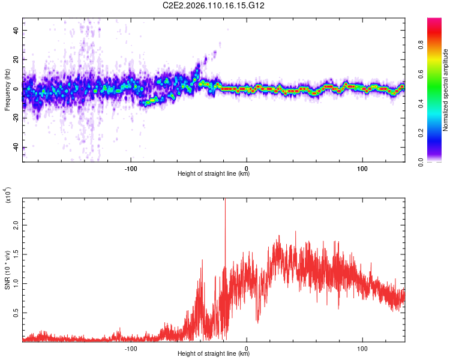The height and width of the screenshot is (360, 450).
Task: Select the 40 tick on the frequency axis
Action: (16, 30)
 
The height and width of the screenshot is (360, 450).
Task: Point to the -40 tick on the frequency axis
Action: (14, 148)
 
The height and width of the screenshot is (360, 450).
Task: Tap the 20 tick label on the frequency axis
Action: (16, 59)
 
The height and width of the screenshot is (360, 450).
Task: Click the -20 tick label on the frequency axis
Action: (14, 118)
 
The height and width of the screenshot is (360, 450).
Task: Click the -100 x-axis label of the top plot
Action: (131, 167)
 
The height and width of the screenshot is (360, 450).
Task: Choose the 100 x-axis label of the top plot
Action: (362, 167)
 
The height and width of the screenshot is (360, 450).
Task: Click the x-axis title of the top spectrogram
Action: (214, 174)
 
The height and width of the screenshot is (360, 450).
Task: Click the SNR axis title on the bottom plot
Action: (8, 269)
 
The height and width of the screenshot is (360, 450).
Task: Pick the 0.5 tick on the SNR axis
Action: (15, 313)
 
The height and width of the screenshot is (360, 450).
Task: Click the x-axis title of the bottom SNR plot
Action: (214, 355)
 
